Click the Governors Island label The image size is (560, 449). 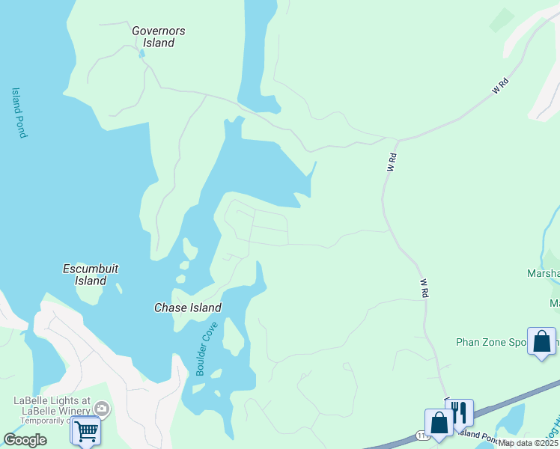tap(158, 37)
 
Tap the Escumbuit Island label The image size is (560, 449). tap(91, 275)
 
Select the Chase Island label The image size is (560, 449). tap(187, 308)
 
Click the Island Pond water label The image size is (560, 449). tap(19, 113)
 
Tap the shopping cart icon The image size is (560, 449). tap(86, 431)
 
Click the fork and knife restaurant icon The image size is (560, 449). tap(459, 412)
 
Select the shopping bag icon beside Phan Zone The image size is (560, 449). tap(541, 341)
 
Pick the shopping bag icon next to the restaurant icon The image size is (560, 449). tap(439, 423)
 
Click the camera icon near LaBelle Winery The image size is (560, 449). tap(103, 409)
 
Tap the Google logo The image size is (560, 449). tap(25, 440)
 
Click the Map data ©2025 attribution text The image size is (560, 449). tap(528, 443)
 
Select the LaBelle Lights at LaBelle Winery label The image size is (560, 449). tap(52, 405)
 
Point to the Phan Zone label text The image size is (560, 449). tap(490, 342)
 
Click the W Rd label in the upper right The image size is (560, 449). tap(500, 86)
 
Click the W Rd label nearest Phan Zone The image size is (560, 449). tap(424, 287)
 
